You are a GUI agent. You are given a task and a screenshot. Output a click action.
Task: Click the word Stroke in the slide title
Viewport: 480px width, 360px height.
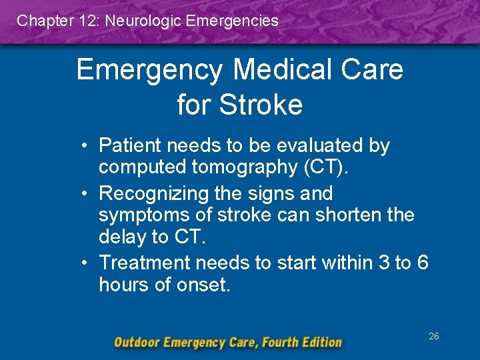(261, 105)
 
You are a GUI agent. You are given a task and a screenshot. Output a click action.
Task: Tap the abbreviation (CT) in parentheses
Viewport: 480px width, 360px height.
(325, 167)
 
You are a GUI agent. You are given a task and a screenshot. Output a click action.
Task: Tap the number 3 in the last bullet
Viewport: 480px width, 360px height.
(383, 263)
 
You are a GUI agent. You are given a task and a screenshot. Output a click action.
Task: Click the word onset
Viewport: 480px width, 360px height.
(203, 285)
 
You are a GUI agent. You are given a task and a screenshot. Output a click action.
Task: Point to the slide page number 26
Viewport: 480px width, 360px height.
(433, 337)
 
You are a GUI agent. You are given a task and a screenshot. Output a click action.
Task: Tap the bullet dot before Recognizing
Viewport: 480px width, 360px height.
(87, 194)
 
